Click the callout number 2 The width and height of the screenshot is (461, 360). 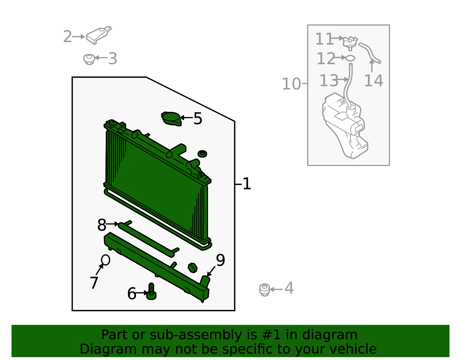(68, 37)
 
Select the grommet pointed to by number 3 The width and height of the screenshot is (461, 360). (89, 59)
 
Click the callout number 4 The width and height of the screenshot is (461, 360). (289, 288)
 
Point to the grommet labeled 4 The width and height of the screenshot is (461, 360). (264, 290)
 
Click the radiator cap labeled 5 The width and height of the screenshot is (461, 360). (171, 119)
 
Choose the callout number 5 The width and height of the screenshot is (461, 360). (198, 118)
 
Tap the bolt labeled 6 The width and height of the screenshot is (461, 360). (152, 291)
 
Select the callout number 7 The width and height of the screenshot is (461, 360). (94, 282)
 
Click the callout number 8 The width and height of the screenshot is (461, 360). (102, 225)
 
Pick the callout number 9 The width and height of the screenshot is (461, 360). (220, 260)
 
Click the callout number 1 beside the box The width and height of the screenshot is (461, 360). (247, 184)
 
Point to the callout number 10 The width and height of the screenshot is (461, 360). (292, 84)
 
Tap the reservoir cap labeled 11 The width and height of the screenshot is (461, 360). (350, 43)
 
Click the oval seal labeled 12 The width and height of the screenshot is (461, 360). (350, 58)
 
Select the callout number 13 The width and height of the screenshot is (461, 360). (329, 80)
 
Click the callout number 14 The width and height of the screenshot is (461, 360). (374, 81)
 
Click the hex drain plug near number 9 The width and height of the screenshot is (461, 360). (193, 268)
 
